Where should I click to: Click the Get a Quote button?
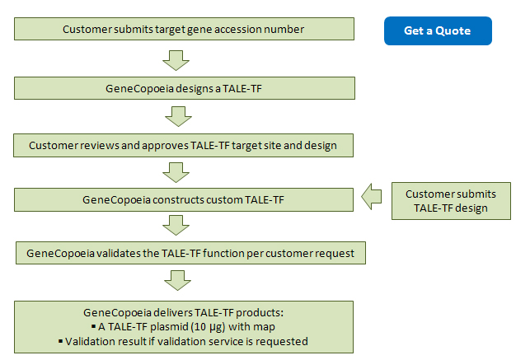pyautogui.click(x=438, y=31)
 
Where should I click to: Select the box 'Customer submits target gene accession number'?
pyautogui.click(x=184, y=29)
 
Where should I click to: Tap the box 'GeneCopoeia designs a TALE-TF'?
pyautogui.click(x=185, y=88)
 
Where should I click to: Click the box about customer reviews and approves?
pyautogui.click(x=183, y=145)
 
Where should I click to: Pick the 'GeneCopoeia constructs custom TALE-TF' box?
pyautogui.click(x=184, y=199)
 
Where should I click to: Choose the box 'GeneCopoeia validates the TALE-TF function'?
pyautogui.click(x=190, y=253)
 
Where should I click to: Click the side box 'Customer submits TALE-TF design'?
pyautogui.click(x=451, y=201)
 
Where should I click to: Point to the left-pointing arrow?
pyautogui.click(x=372, y=197)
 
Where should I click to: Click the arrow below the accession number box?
pyautogui.click(x=176, y=60)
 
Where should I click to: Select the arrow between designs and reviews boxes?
pyautogui.click(x=178, y=116)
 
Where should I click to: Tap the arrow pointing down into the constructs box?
pyautogui.click(x=176, y=172)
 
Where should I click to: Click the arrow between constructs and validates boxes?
pyautogui.click(x=176, y=226)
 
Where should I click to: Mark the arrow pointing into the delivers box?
pyautogui.click(x=177, y=280)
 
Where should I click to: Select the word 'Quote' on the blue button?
pyautogui.click(x=453, y=31)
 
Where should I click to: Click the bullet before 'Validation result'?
pyautogui.click(x=60, y=341)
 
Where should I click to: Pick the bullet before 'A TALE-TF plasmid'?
pyautogui.click(x=93, y=326)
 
